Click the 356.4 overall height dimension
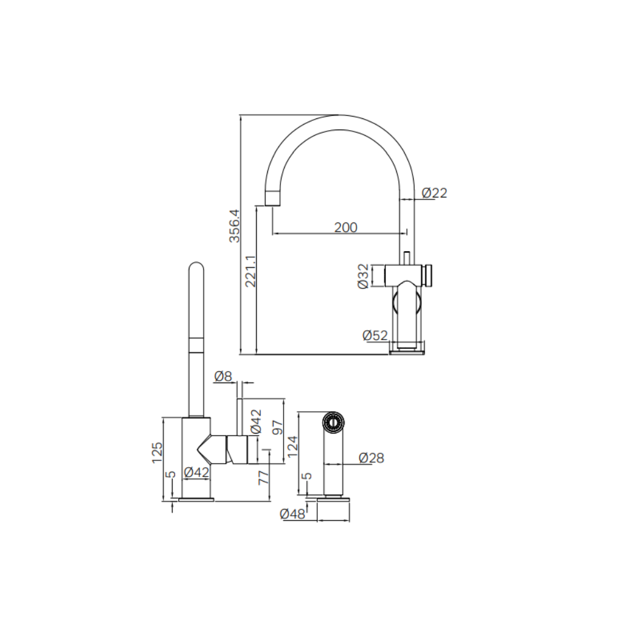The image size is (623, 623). pyautogui.click(x=235, y=226)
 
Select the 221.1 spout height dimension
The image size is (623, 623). pyautogui.click(x=250, y=272)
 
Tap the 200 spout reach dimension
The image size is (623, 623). pyautogui.click(x=346, y=227)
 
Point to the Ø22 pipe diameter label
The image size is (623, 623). pyautogui.click(x=434, y=193)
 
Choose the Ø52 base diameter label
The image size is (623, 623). pyautogui.click(x=375, y=336)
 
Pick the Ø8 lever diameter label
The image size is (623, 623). pyautogui.click(x=223, y=376)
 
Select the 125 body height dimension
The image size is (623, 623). pyautogui.click(x=158, y=452)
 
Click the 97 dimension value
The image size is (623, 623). pyautogui.click(x=278, y=427)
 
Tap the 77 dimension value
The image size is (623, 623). pyautogui.click(x=264, y=478)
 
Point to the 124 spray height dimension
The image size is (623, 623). pyautogui.click(x=292, y=447)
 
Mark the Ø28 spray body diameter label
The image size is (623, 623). pyautogui.click(x=371, y=458)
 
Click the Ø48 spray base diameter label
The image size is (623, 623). pyautogui.click(x=292, y=514)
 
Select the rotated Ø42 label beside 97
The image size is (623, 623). pyautogui.click(x=256, y=421)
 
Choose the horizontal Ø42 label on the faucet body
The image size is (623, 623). pyautogui.click(x=197, y=472)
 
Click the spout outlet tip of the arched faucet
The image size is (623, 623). pyautogui.click(x=273, y=205)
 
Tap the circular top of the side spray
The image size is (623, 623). pyautogui.click(x=333, y=422)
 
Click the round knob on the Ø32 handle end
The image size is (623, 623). pyautogui.click(x=429, y=275)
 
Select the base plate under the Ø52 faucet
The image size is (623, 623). pyautogui.click(x=406, y=351)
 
